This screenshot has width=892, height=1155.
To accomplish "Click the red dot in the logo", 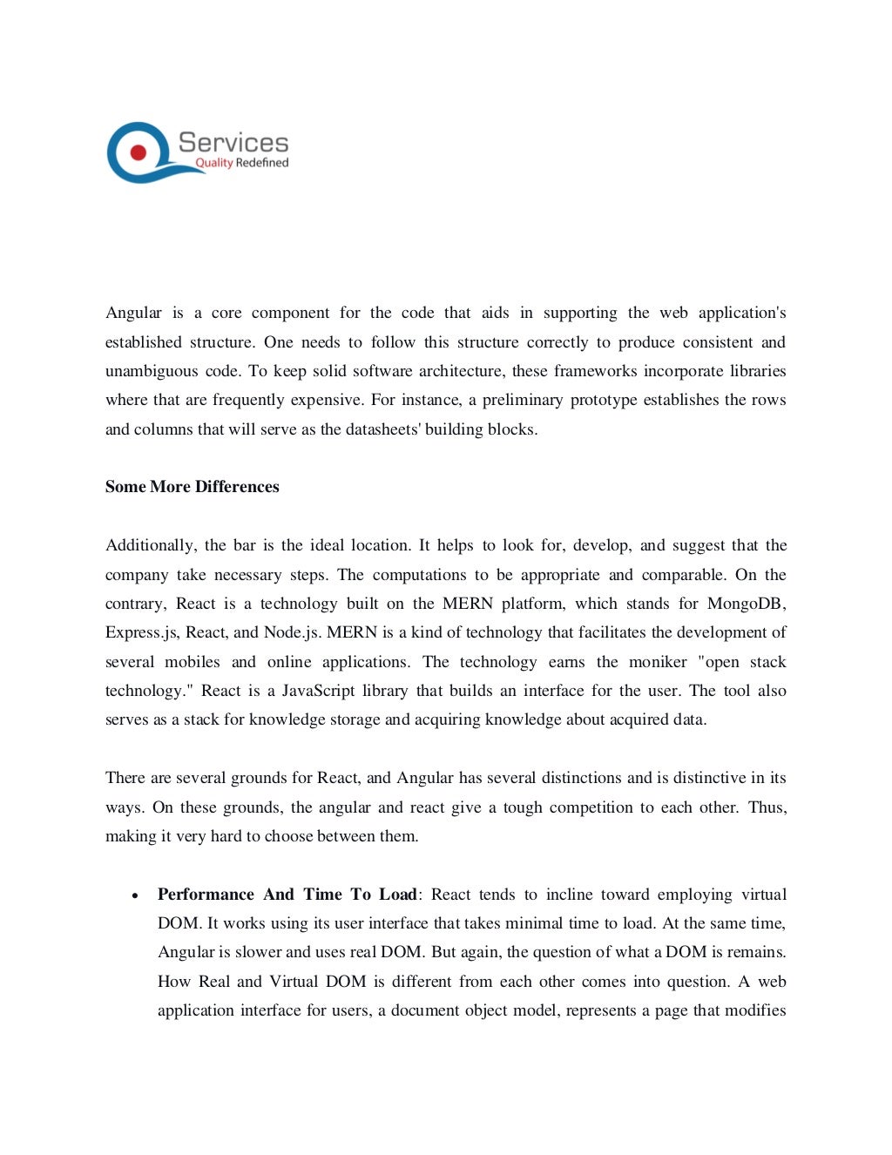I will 138,152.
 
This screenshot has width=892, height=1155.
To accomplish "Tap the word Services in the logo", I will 233,143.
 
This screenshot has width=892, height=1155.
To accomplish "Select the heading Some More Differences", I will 192,487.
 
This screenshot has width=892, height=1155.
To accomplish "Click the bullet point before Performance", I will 135,895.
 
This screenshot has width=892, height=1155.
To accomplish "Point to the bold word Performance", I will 206,895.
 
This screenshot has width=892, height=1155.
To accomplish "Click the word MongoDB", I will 746,604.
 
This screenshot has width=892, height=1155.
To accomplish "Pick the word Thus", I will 767,807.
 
